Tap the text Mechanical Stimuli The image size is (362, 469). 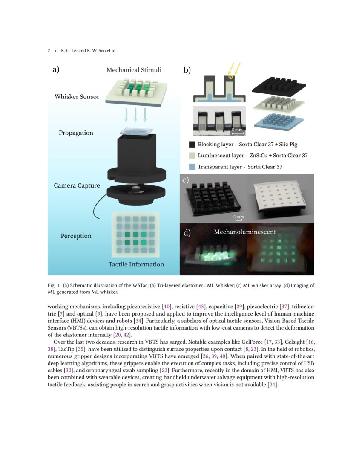click(134, 70)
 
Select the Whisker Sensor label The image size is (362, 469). click(77, 97)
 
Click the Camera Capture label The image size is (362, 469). click(77, 186)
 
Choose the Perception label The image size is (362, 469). click(76, 236)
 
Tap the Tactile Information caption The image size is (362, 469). click(136, 264)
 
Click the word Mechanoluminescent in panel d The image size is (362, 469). click(245, 232)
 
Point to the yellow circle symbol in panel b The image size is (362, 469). click(231, 77)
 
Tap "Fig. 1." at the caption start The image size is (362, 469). click(54, 285)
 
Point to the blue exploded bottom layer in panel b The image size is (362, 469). click(279, 121)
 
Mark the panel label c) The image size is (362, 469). click(186, 180)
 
